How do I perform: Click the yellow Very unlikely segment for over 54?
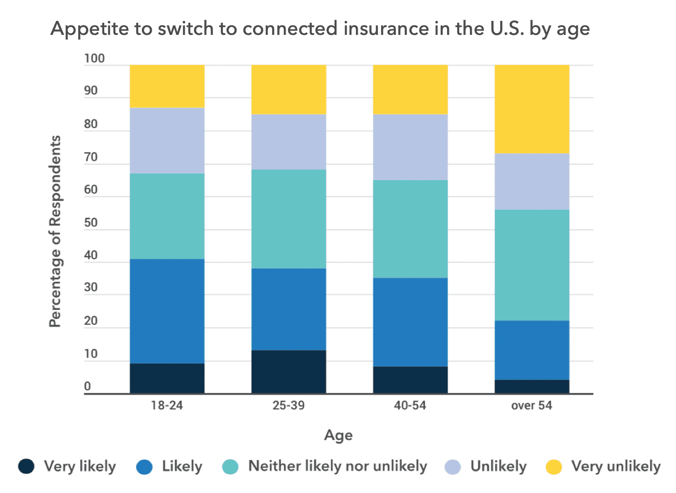click(532, 109)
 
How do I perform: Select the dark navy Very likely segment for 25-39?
click(288, 372)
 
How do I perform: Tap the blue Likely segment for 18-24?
click(167, 311)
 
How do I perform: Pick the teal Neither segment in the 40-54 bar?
click(410, 229)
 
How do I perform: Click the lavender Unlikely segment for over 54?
click(532, 181)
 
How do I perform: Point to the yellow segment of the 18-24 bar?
click(167, 86)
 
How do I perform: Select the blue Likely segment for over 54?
click(532, 350)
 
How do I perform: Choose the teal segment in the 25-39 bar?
click(288, 219)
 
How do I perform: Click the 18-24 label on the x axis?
click(167, 406)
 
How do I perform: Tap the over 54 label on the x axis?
click(532, 406)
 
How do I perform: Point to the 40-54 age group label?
click(410, 406)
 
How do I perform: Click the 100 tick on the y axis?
click(94, 59)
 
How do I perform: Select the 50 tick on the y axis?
click(91, 223)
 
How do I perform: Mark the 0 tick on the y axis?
click(87, 386)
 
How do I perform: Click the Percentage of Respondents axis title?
click(55, 231)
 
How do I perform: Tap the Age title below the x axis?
click(338, 435)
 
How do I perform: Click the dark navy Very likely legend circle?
click(27, 466)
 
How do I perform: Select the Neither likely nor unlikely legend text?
click(337, 466)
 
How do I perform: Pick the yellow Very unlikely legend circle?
click(554, 466)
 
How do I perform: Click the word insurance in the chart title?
click(386, 29)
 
